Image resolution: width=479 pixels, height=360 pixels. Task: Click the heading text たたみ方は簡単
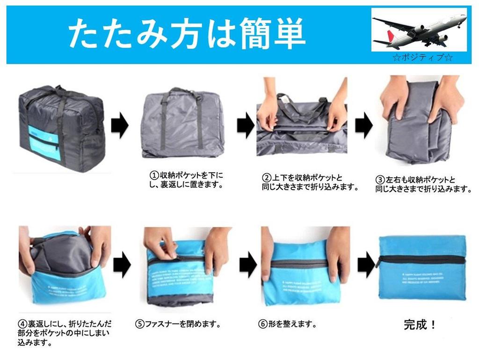click(x=187, y=34)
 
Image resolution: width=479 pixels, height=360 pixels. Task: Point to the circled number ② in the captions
click(x=266, y=178)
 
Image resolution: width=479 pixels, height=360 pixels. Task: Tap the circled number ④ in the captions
click(x=22, y=324)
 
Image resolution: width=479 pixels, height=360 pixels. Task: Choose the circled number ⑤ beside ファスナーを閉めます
click(x=139, y=324)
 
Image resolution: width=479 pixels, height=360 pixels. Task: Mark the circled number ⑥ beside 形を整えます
click(x=263, y=324)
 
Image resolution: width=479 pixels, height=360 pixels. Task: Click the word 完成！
click(x=420, y=324)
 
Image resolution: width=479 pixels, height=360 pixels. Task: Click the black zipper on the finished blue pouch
click(x=421, y=259)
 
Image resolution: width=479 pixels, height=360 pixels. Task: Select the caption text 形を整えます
click(x=293, y=324)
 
